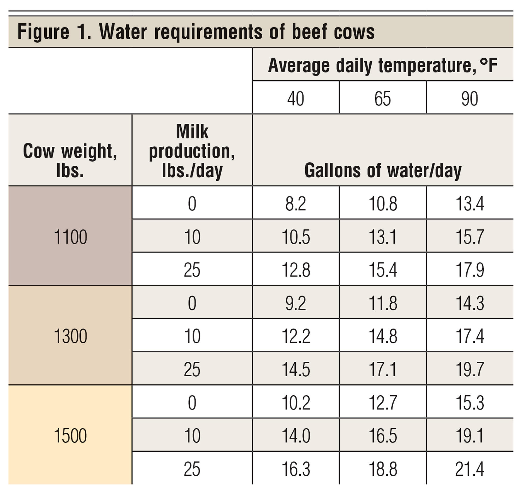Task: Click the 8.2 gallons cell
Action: pyautogui.click(x=295, y=204)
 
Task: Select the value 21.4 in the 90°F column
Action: pyautogui.click(x=470, y=469)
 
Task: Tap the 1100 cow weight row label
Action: pyautogui.click(x=70, y=237)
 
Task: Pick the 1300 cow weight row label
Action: pyautogui.click(x=70, y=336)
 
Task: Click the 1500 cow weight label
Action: pyautogui.click(x=70, y=436)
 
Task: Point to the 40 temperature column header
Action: pyautogui.click(x=295, y=99)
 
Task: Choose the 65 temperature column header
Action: pyautogui.click(x=382, y=99)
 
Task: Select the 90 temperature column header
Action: pyautogui.click(x=470, y=99)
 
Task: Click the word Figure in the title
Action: pyautogui.click(x=43, y=32)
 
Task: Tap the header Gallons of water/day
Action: pyautogui.click(x=383, y=171)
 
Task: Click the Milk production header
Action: pyautogui.click(x=192, y=151)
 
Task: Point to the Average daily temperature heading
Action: pyautogui.click(x=382, y=65)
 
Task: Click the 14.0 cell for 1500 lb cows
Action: pyautogui.click(x=295, y=436)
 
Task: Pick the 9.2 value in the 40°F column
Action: pyautogui.click(x=295, y=303)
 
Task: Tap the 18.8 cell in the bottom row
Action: pyautogui.click(x=382, y=469)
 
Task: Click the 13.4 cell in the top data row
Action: pyautogui.click(x=470, y=204)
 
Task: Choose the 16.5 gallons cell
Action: pyautogui.click(x=382, y=436)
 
